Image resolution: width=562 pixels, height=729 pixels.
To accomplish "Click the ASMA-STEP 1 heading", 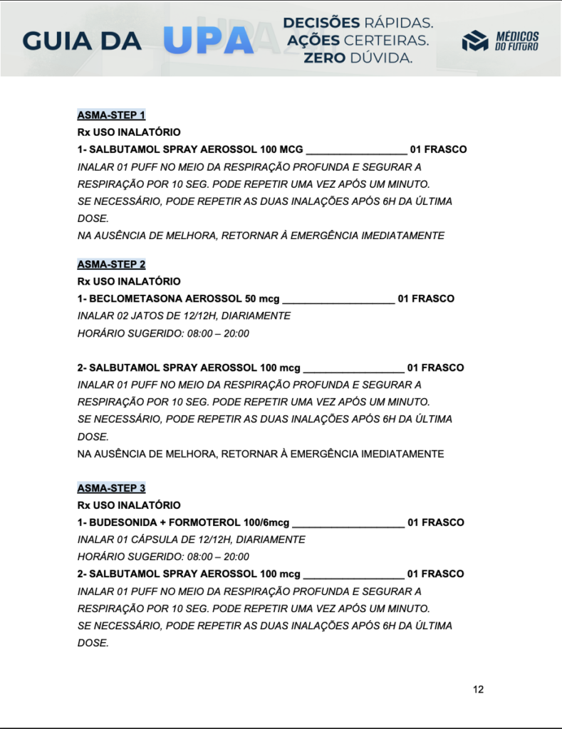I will [x=111, y=115].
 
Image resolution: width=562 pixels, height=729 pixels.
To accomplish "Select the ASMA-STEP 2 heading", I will [x=111, y=264].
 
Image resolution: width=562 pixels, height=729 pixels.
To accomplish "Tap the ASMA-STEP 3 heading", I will [x=111, y=488].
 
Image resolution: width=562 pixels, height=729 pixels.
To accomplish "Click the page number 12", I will [x=478, y=689].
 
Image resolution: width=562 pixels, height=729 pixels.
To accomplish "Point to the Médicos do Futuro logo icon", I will [x=475, y=41].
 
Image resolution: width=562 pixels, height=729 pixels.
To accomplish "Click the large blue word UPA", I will [x=208, y=41].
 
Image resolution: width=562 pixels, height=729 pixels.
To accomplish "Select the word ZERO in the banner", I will [x=325, y=58].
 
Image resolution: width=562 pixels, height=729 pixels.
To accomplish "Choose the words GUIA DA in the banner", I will [x=82, y=41].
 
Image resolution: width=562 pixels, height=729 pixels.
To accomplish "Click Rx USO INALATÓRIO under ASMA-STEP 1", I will [x=129, y=132].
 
